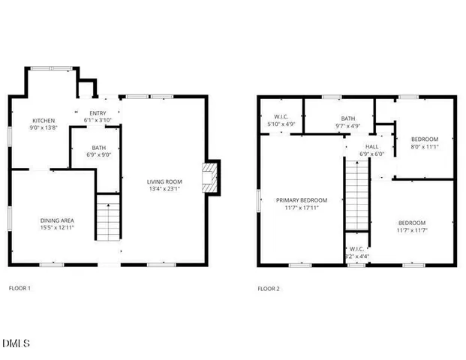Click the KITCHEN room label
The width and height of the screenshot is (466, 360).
[x=43, y=120]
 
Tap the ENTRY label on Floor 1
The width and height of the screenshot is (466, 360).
[x=98, y=112]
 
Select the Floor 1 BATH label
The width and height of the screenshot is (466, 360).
[x=99, y=148]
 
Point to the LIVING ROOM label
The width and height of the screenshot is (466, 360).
[x=164, y=181]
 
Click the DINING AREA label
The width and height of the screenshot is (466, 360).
[x=57, y=220]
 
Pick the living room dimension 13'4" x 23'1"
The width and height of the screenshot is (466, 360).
[x=164, y=189]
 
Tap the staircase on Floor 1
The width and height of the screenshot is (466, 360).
[x=109, y=217]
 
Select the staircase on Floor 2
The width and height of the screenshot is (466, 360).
[x=357, y=196]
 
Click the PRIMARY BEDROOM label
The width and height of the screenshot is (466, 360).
[x=302, y=200]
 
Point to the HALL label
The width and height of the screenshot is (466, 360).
[x=372, y=147]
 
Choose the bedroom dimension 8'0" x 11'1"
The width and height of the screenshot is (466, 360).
[x=424, y=147]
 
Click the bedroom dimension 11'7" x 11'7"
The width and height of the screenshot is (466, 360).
[x=412, y=231]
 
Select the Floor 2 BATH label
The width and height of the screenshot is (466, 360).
[x=347, y=118]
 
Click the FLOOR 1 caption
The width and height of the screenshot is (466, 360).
[x=20, y=288]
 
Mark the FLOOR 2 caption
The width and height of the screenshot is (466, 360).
[x=268, y=288]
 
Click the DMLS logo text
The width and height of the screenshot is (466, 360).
[x=16, y=343]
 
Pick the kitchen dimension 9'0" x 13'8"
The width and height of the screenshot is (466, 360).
[x=43, y=127]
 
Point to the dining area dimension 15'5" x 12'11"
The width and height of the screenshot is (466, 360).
[x=57, y=227]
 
